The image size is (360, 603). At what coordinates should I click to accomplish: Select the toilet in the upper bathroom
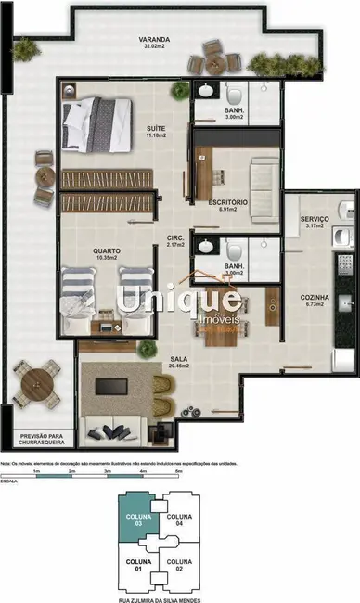tap(234, 95)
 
